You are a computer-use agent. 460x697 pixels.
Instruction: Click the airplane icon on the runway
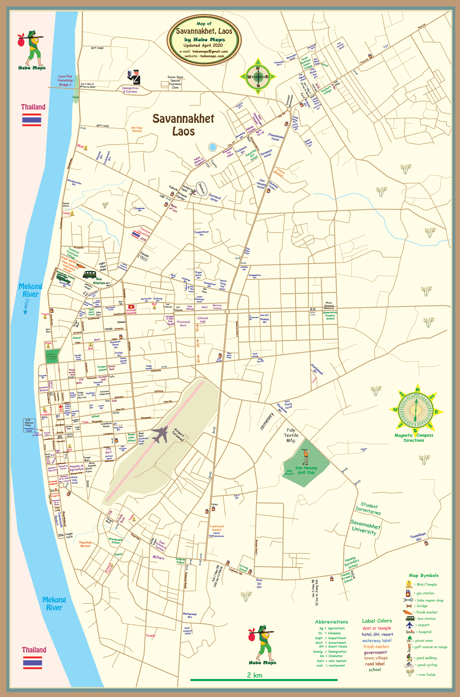[160, 434]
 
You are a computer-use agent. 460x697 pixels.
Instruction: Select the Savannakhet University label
[365, 527]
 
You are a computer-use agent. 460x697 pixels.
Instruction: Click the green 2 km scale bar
[264, 680]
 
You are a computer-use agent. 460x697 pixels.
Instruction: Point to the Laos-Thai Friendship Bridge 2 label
[65, 80]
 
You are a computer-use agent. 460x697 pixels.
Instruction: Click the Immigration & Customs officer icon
[134, 77]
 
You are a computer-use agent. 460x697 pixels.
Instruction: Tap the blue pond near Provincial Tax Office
[212, 147]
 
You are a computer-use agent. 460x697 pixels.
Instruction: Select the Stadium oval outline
[202, 188]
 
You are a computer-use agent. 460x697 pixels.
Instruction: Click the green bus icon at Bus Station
[90, 274]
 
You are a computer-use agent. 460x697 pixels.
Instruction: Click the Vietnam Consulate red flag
[131, 307]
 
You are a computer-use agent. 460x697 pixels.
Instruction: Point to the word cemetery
[267, 421]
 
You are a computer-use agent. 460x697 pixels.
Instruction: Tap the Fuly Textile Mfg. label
[291, 435]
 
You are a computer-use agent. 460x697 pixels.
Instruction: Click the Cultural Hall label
[203, 320]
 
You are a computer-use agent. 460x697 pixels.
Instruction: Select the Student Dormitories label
[368, 509]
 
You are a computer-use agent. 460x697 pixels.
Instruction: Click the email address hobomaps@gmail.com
[210, 51]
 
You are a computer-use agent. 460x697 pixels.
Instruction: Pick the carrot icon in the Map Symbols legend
[408, 612]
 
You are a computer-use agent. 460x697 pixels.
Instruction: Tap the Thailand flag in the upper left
[32, 120]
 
